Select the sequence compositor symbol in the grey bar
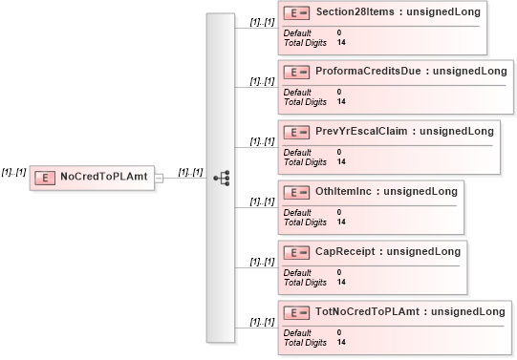(221, 178)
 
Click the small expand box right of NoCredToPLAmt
(160, 178)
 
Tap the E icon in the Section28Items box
(299, 13)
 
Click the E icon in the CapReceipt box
(299, 252)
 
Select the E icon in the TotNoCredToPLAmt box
(299, 311)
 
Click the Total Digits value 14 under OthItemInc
(341, 222)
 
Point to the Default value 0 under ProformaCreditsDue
(339, 93)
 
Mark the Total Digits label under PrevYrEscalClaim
(306, 161)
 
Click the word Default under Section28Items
(297, 33)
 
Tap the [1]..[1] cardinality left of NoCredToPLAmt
(13, 172)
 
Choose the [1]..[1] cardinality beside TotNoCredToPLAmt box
(262, 322)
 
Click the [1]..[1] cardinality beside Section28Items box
(262, 21)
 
